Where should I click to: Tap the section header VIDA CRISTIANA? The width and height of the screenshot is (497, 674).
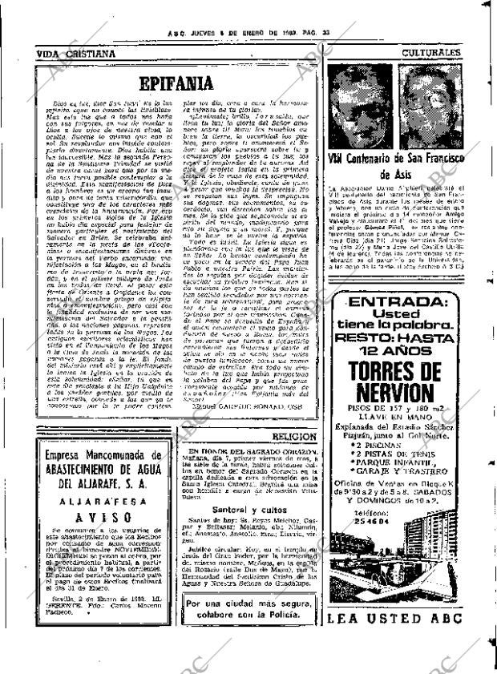click(x=75, y=54)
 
